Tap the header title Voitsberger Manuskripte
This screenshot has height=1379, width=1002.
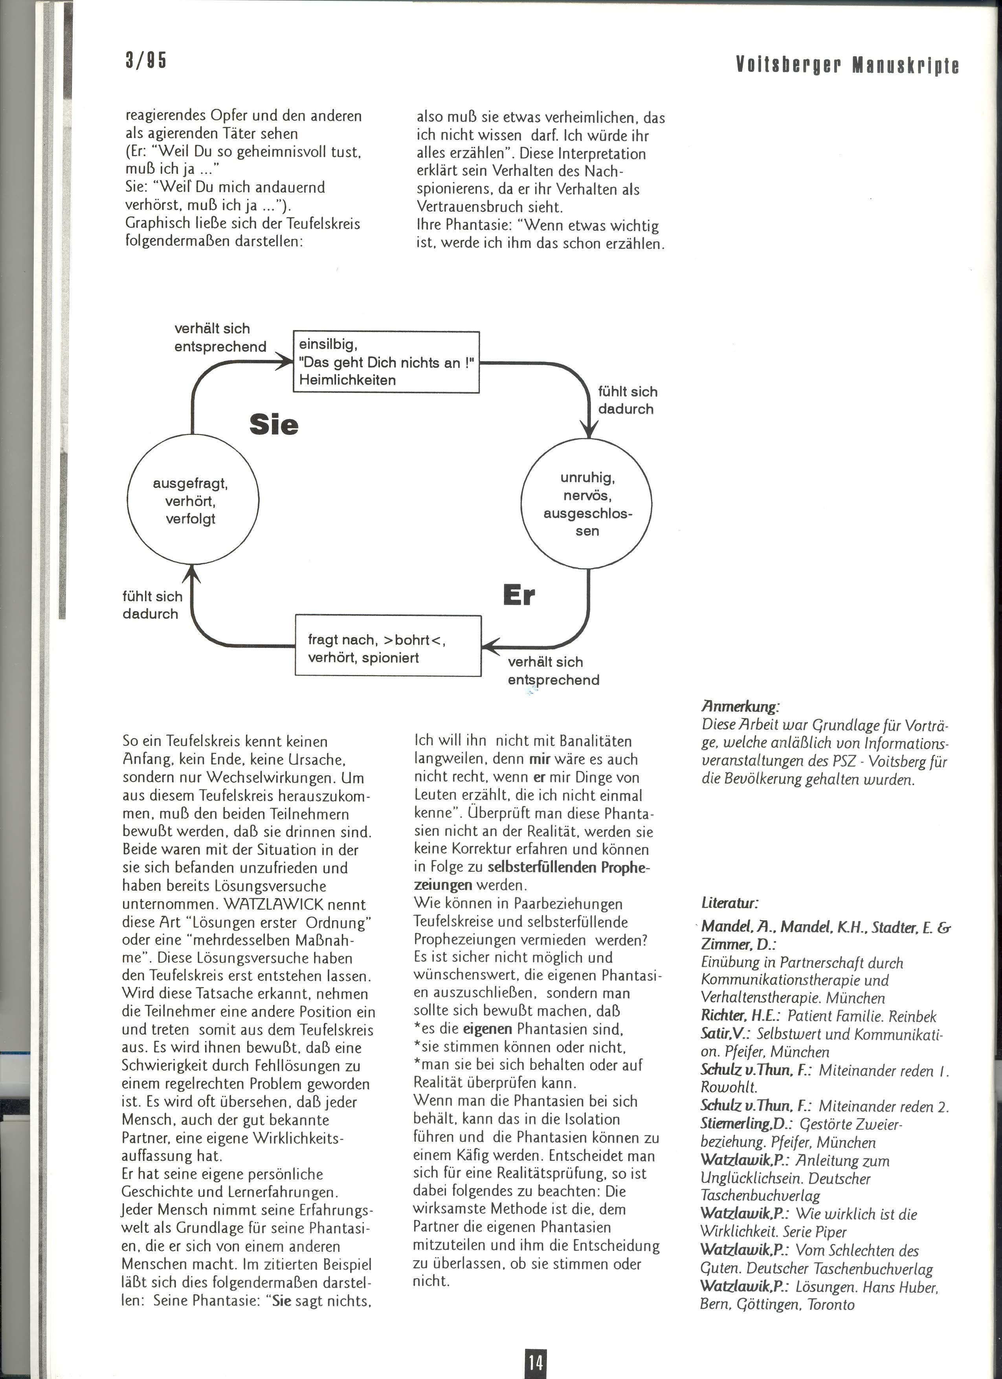[847, 65]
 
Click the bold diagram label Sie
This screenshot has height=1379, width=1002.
[273, 424]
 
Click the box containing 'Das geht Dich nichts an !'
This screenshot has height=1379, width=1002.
[386, 362]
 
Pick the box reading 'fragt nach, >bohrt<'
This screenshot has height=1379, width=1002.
[388, 646]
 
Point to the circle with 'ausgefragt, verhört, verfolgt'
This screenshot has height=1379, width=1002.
[193, 501]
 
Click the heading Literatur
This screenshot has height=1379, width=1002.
[730, 902]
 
